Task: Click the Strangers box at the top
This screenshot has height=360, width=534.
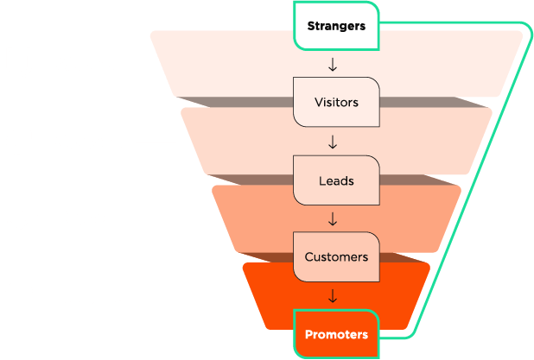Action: pos(336,25)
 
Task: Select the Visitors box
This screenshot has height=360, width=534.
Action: pos(336,102)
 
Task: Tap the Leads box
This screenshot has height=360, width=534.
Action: pos(336,180)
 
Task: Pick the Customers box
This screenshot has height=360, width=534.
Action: pos(336,256)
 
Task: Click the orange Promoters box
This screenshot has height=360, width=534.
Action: pos(336,333)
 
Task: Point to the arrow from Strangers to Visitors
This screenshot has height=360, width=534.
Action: pos(333,65)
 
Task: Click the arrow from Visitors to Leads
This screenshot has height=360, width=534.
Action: pos(333,142)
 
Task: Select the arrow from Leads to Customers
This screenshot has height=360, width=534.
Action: pos(333,219)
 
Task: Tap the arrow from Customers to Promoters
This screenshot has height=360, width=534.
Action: pos(333,296)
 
